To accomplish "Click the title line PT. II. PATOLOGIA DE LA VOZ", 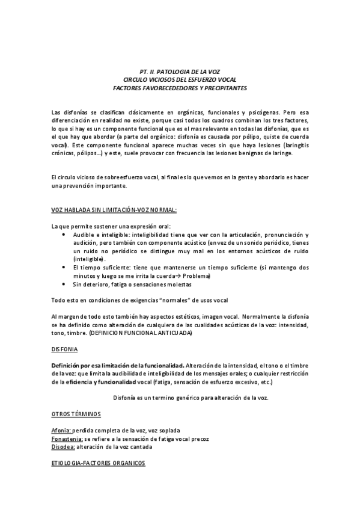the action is click(x=180, y=71).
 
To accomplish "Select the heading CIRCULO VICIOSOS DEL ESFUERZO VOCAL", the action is click(x=180, y=79).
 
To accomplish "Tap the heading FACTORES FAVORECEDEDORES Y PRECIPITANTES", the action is click(x=180, y=88).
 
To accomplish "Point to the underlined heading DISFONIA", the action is click(x=64, y=349).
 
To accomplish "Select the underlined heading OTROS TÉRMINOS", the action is click(x=76, y=415).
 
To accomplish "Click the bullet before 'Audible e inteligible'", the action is click(x=64, y=234).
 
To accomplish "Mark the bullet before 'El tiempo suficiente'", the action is click(x=64, y=267).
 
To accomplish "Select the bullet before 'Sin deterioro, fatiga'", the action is click(x=64, y=284).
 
